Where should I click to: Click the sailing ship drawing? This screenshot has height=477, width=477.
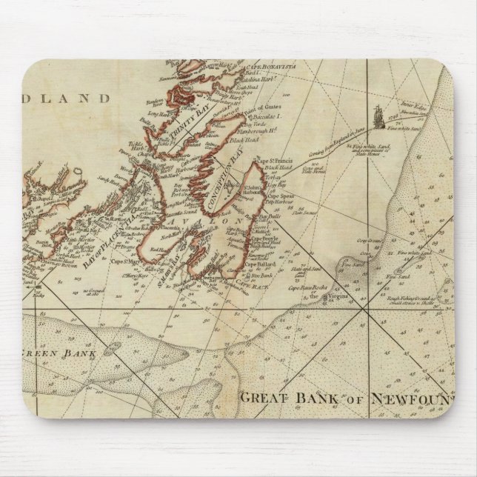(378, 116)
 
